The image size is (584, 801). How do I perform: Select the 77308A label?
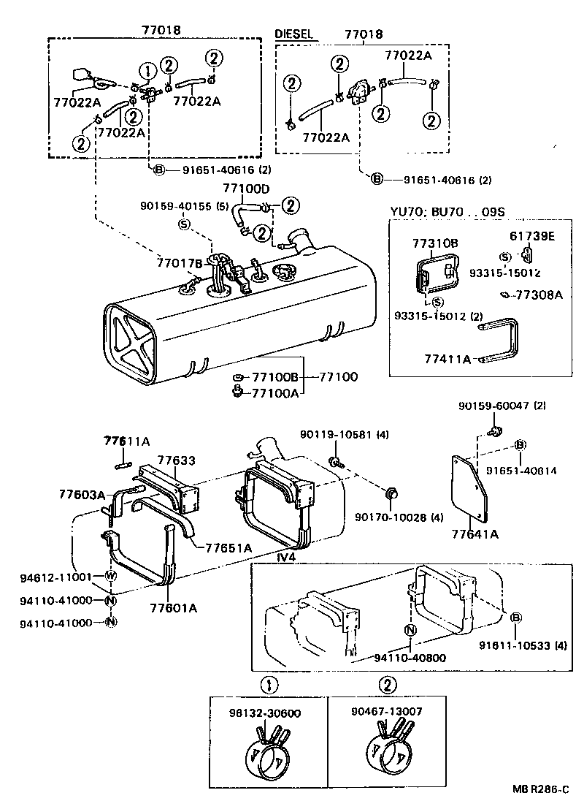click(x=539, y=295)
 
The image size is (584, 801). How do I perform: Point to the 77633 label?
click(x=177, y=460)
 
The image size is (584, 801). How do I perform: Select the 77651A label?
click(x=228, y=547)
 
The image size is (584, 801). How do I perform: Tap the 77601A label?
click(x=173, y=607)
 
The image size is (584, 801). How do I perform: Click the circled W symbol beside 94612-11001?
click(x=111, y=576)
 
